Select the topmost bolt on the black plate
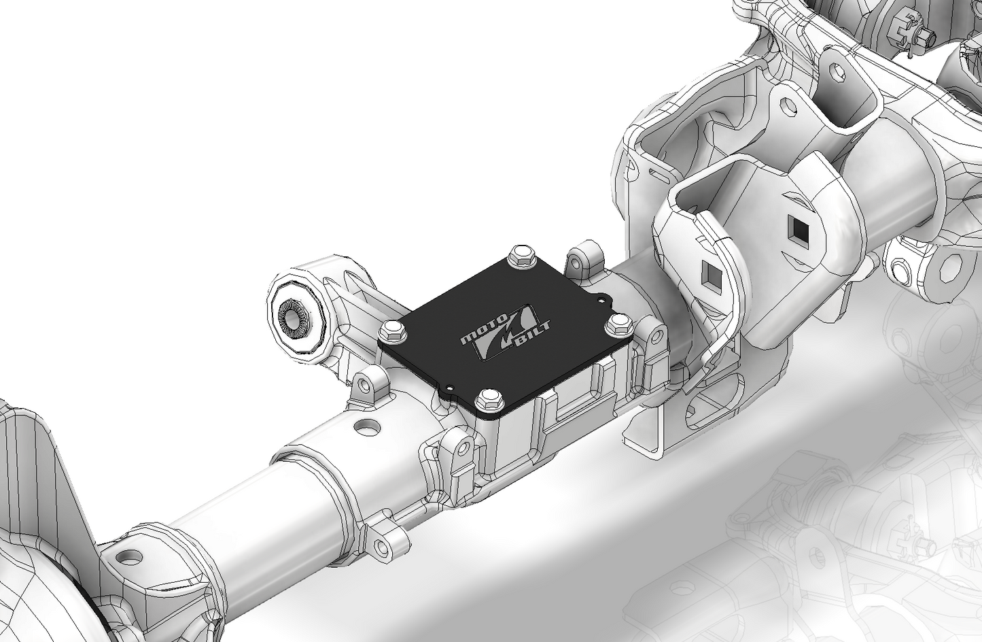point(522,255)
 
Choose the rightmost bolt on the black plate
point(618,323)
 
